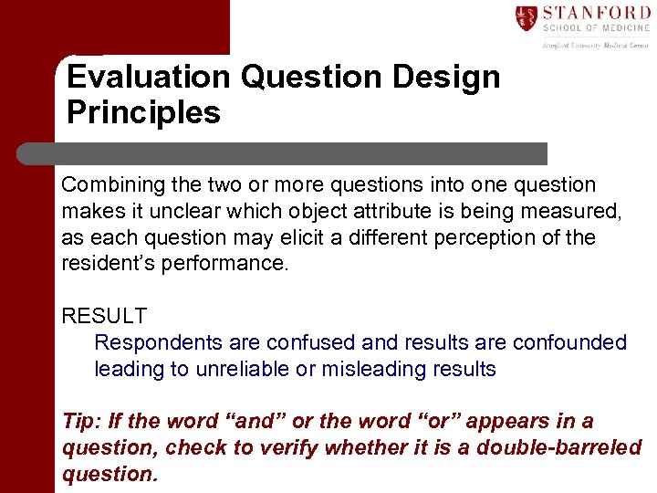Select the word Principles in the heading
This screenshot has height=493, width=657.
pos(143,113)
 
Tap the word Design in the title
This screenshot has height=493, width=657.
pos(446,77)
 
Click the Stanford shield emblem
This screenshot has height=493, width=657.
pos(527,18)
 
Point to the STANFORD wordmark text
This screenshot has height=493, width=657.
pos(597,13)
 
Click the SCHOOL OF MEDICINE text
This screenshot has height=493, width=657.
pos(596,28)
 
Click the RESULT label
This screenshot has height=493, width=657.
pos(104,317)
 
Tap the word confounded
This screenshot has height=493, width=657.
pos(569,343)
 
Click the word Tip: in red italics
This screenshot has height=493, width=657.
pos(82,422)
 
